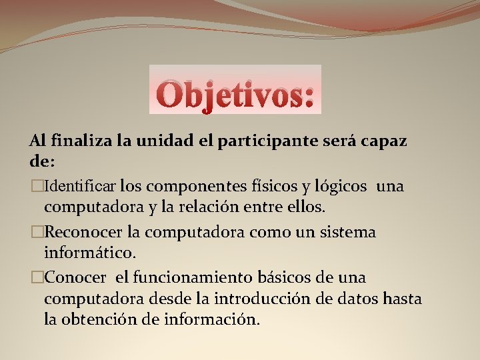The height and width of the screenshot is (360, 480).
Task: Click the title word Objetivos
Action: (235, 93)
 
